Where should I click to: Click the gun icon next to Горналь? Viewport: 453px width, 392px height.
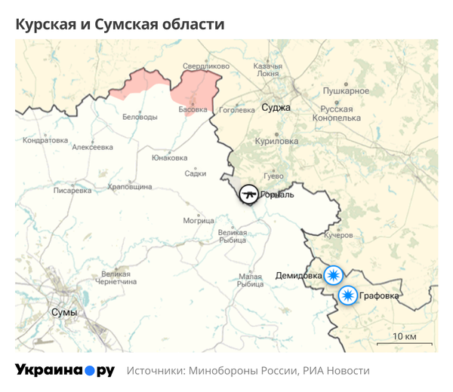pyautogui.click(x=248, y=194)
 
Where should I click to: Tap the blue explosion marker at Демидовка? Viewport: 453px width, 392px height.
pyautogui.click(x=333, y=275)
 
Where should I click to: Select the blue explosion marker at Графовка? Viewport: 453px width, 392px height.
pyautogui.click(x=348, y=295)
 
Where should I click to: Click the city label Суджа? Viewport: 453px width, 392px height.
pyautogui.click(x=276, y=107)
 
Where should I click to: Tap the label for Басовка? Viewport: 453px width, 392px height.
pyautogui.click(x=192, y=109)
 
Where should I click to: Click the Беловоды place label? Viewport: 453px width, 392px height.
pyautogui.click(x=140, y=117)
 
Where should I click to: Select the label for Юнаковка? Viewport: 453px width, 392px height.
pyautogui.click(x=169, y=158)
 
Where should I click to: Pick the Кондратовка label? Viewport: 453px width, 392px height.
pyautogui.click(x=45, y=140)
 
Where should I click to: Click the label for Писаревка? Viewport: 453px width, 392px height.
pyautogui.click(x=72, y=191)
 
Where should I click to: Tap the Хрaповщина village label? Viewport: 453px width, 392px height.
pyautogui.click(x=130, y=186)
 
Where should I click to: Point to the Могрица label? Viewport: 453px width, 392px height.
pyautogui.click(x=199, y=221)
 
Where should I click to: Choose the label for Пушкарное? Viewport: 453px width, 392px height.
pyautogui.click(x=346, y=90)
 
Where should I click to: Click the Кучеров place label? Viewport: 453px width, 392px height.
pyautogui.click(x=338, y=235)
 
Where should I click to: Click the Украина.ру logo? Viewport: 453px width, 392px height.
pyautogui.click(x=65, y=370)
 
